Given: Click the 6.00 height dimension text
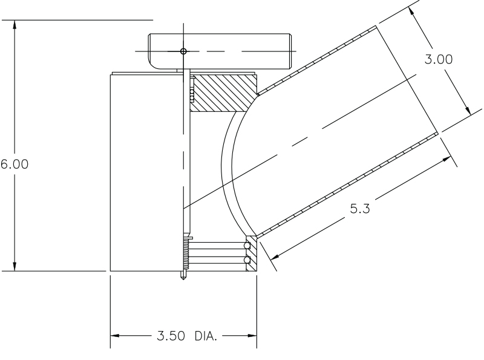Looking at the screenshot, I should click(14, 165).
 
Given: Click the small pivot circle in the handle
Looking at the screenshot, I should click(184, 51).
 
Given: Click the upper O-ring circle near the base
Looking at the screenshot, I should click(247, 246).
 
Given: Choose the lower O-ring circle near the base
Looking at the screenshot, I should click(247, 260).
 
